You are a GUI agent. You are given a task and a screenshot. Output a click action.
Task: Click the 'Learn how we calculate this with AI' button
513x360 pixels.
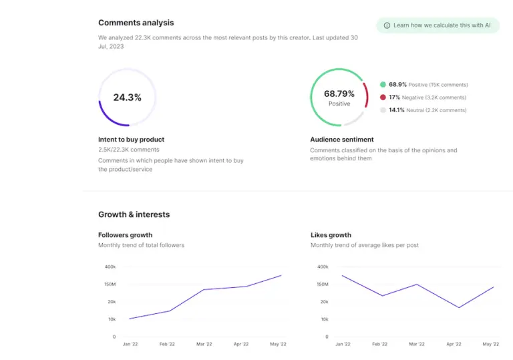coord(438,25)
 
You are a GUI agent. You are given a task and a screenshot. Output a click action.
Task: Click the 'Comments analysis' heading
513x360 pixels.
coord(136,23)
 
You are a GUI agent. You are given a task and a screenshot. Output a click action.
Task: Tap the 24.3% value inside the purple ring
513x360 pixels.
coord(127,98)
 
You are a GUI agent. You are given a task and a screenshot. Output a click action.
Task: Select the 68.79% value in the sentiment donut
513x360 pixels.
coord(339,94)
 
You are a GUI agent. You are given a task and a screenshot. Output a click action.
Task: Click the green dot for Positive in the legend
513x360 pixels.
coord(383,85)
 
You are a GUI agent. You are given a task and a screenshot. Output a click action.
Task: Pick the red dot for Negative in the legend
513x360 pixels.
coord(383,98)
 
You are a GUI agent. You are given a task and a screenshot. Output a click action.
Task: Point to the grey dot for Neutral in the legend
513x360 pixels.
coord(383,110)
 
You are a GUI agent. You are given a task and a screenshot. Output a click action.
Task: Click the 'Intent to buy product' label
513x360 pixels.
coord(131,140)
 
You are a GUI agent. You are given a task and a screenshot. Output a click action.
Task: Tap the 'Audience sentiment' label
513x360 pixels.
coord(342,140)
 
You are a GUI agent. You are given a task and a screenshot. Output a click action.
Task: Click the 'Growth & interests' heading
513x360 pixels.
coord(134,214)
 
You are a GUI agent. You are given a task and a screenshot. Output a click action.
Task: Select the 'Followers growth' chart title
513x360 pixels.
coord(125,235)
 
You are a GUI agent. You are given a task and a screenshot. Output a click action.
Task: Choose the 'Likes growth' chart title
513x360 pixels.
coord(331,235)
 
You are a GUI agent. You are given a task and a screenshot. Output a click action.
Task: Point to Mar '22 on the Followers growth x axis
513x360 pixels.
coord(204,344)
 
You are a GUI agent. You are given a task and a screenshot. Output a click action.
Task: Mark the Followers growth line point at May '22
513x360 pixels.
coord(281,275)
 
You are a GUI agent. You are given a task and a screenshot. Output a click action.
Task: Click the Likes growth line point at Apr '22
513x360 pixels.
coord(459,308)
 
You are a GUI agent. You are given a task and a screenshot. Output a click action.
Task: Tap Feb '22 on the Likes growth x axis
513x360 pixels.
coord(379,344)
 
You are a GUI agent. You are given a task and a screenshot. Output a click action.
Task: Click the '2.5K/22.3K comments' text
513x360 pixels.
coord(129,150)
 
